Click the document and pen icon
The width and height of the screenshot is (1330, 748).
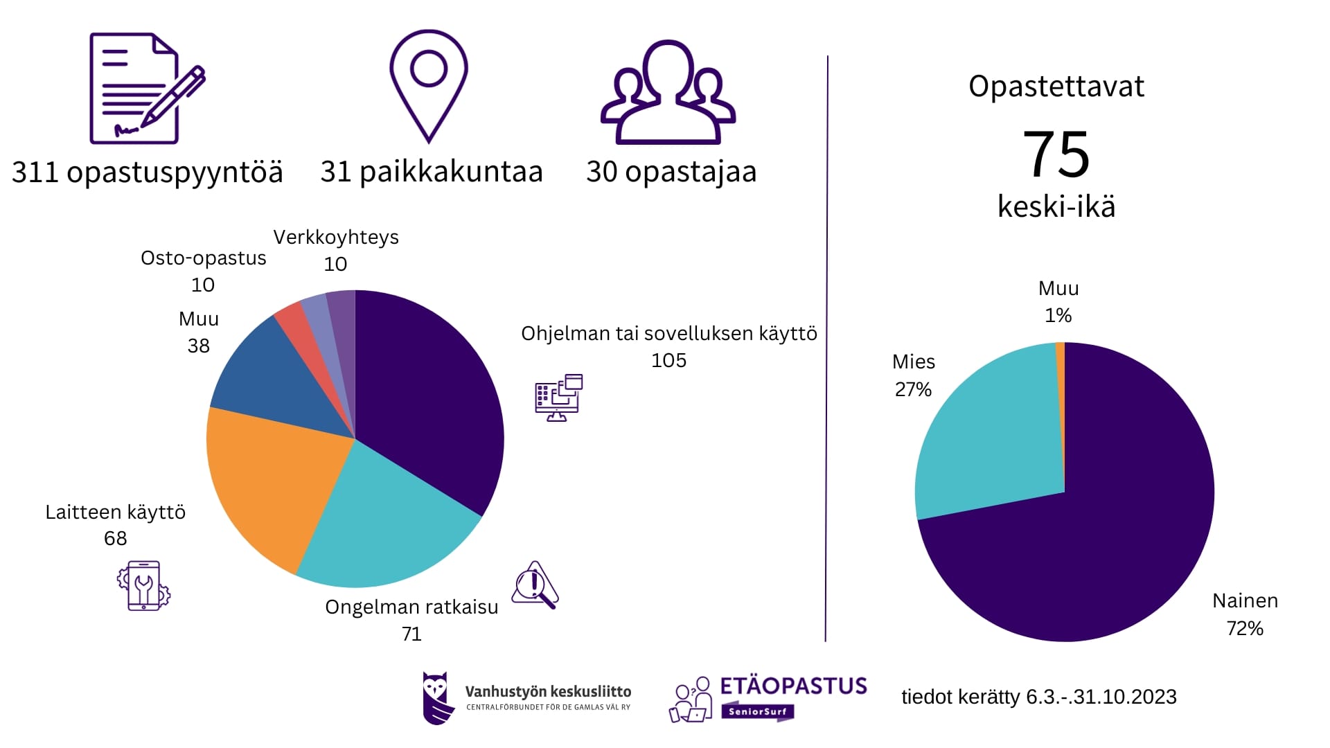(145, 88)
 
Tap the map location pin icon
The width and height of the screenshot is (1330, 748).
(428, 84)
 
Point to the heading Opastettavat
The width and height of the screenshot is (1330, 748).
(1056, 87)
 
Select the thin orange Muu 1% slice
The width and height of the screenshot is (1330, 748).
(1061, 367)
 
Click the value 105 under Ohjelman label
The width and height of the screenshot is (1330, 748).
(668, 360)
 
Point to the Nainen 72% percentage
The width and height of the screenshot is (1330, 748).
(1245, 628)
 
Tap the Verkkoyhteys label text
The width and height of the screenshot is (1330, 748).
(336, 238)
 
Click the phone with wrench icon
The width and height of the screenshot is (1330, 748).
(143, 586)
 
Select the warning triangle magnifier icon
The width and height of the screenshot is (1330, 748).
(535, 585)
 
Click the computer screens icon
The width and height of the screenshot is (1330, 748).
(558, 398)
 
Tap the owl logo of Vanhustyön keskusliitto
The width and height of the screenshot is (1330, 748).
(437, 697)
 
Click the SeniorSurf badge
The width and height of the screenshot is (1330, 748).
(757, 711)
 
